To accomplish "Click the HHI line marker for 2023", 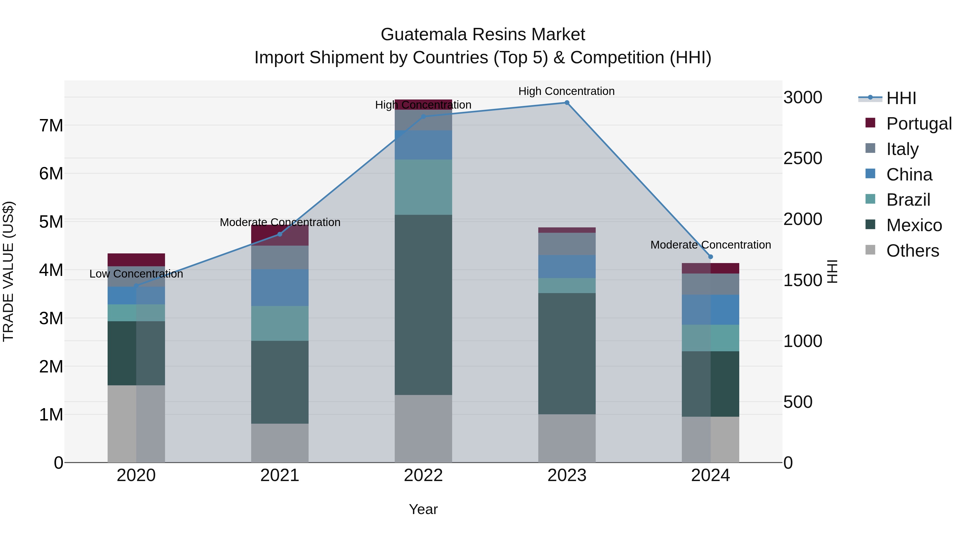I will (567, 103).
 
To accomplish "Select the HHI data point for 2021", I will (279, 234).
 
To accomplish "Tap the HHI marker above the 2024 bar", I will (710, 257).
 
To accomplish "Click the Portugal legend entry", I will (919, 123).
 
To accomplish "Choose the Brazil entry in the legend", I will (908, 200).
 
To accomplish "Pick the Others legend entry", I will (912, 251).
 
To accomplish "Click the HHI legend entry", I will (901, 98).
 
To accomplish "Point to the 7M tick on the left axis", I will (51, 125).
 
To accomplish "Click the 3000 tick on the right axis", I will (803, 97).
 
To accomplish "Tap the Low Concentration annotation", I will (136, 274).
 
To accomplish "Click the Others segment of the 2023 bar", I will (567, 438).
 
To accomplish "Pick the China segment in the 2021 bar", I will (279, 287).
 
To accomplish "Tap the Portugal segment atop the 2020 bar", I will (136, 260).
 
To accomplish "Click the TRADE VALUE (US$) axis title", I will (8, 271).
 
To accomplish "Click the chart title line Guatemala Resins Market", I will (483, 35).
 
